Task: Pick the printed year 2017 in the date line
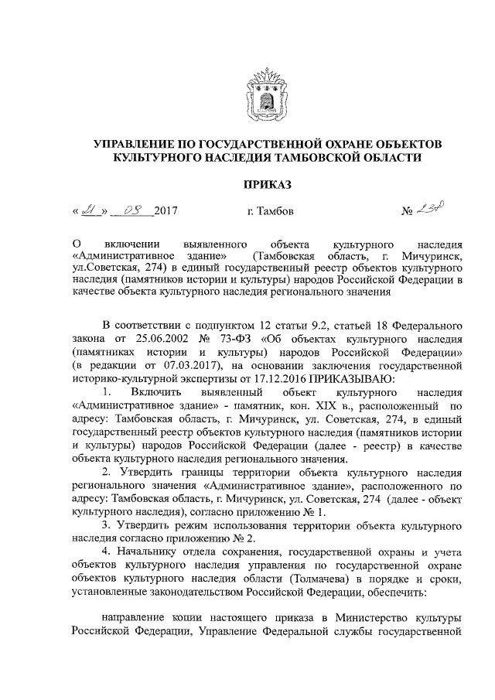167,210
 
